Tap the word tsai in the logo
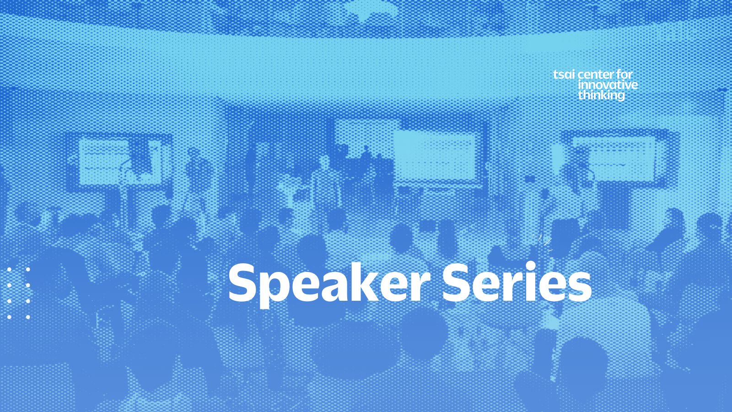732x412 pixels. pyautogui.click(x=564, y=75)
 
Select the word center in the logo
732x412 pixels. pyautogui.click(x=594, y=75)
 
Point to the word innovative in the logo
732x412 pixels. pyautogui.click(x=608, y=85)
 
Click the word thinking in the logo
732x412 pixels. pyautogui.click(x=601, y=96)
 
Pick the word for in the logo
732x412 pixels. pyautogui.click(x=623, y=75)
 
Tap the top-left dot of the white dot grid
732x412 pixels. pyautogui.click(x=9, y=270)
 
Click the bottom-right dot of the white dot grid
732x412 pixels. pyautogui.click(x=28, y=317)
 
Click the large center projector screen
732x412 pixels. pyautogui.click(x=435, y=157)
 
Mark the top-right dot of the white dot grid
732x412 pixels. pyautogui.click(x=28, y=270)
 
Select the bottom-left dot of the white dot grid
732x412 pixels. pyautogui.click(x=9, y=317)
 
